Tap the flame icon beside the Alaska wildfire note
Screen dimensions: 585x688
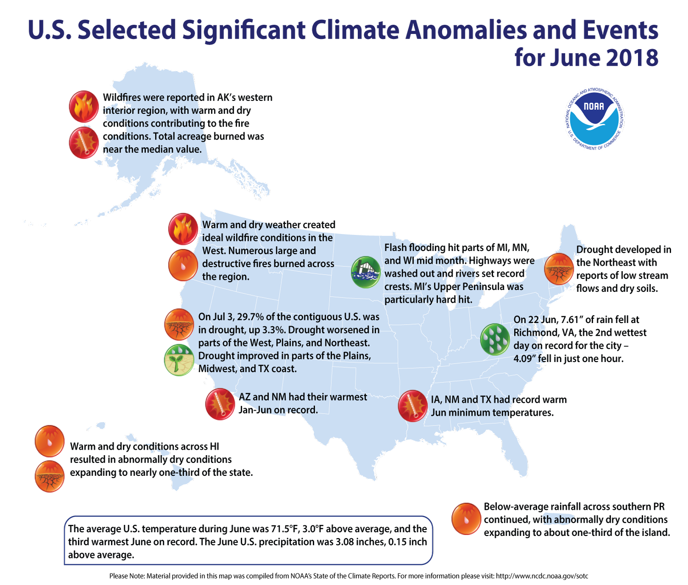84,106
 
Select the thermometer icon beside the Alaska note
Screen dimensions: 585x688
84,143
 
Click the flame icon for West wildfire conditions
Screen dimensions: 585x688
183,228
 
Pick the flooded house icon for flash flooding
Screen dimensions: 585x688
366,272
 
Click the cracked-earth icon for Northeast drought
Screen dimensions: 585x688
559,269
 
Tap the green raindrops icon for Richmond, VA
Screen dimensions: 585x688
495,339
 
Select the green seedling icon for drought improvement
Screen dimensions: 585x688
179,360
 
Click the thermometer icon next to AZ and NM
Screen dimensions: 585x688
220,404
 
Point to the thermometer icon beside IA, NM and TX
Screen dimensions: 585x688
413,406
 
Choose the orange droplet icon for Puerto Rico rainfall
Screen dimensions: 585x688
466,519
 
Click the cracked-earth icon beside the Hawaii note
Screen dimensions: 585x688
50,476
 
